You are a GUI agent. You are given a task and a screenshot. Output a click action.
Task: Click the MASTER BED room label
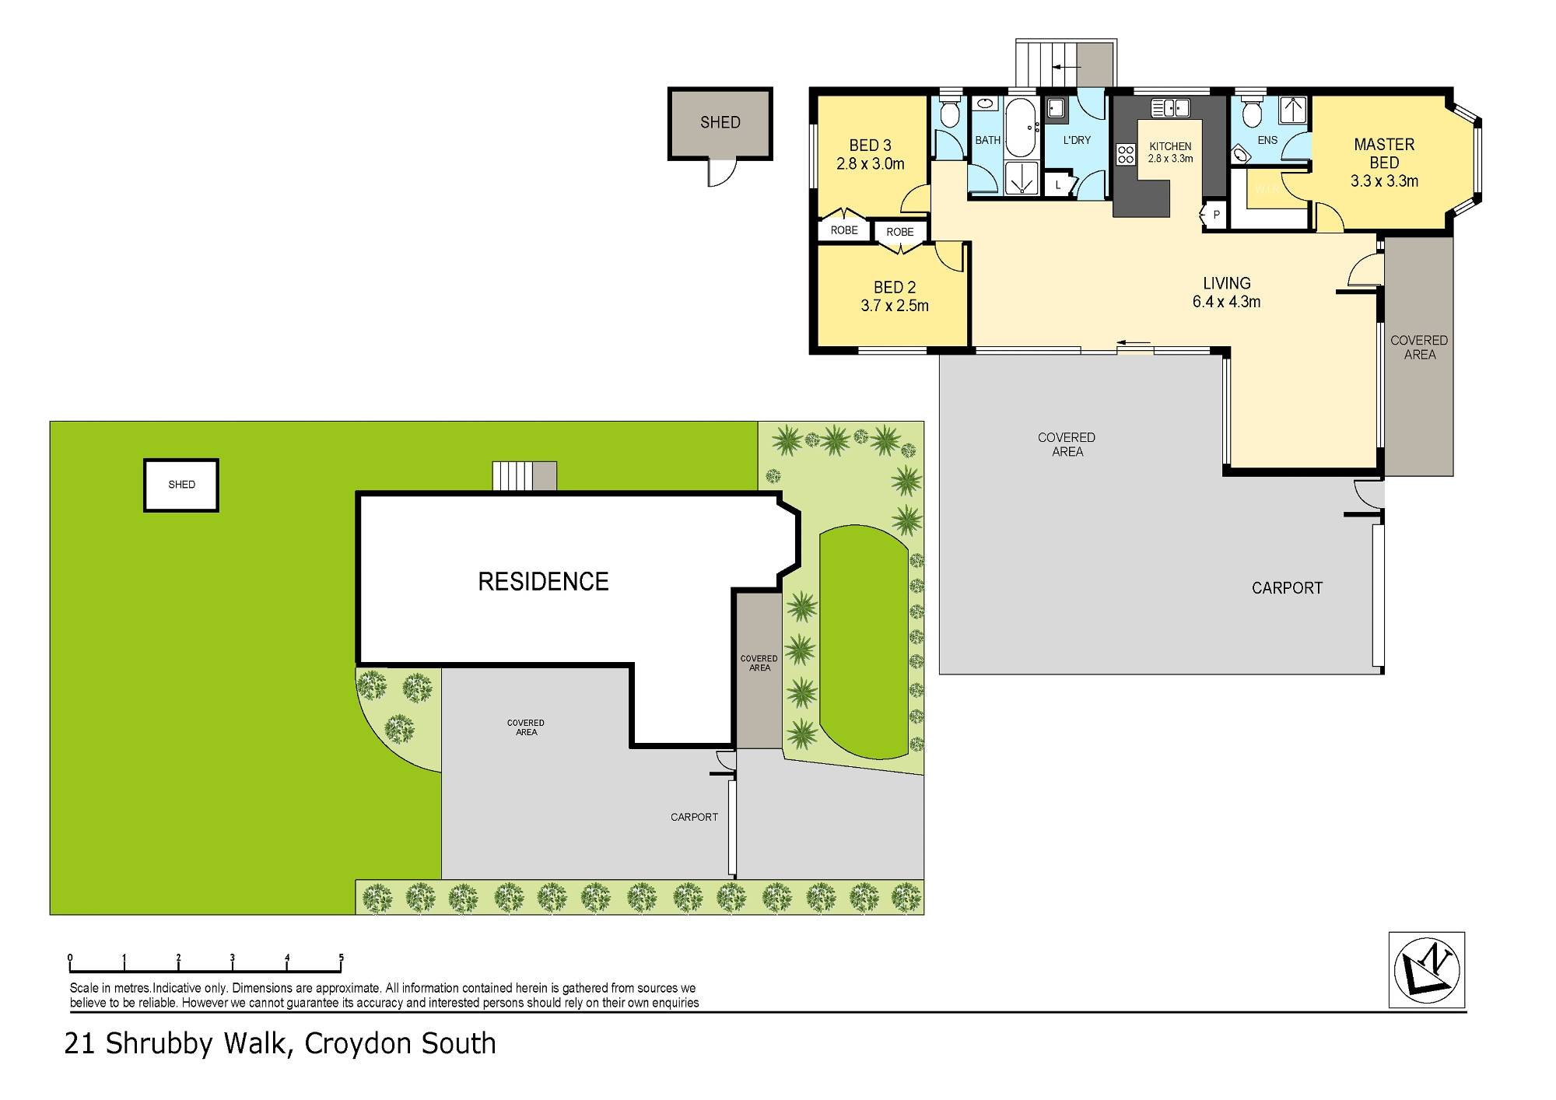click(x=1383, y=153)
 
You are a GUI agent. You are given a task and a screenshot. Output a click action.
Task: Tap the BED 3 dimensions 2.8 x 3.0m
click(x=870, y=164)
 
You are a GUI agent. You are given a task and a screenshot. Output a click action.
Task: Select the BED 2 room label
click(x=894, y=287)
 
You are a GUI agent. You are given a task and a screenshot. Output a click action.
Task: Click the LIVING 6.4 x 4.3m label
click(x=1226, y=293)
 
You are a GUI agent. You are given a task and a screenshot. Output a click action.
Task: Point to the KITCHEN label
click(x=1169, y=146)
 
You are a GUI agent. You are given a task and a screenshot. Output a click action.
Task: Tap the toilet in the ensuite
click(x=1251, y=115)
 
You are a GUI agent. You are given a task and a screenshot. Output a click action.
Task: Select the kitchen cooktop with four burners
click(x=1125, y=154)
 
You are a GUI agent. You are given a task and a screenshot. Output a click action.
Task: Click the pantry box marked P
click(x=1215, y=215)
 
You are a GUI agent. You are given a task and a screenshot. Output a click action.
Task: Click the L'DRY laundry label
click(x=1077, y=140)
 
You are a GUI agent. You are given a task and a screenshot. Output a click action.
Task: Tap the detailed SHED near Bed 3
click(x=720, y=122)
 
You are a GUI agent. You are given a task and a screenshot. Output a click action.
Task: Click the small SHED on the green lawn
click(x=181, y=485)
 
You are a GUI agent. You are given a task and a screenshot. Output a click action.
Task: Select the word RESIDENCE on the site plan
click(x=543, y=582)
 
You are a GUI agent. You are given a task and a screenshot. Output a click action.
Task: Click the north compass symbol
click(x=1426, y=970)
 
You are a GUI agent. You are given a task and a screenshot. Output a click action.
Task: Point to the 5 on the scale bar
click(x=341, y=958)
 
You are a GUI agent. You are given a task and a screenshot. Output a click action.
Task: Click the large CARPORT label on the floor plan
click(x=1286, y=588)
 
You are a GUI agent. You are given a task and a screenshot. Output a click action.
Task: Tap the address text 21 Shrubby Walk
click(x=177, y=1043)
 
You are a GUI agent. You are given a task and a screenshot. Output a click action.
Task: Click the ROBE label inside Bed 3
click(x=843, y=230)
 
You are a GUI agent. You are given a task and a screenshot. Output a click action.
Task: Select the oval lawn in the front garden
click(x=864, y=642)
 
